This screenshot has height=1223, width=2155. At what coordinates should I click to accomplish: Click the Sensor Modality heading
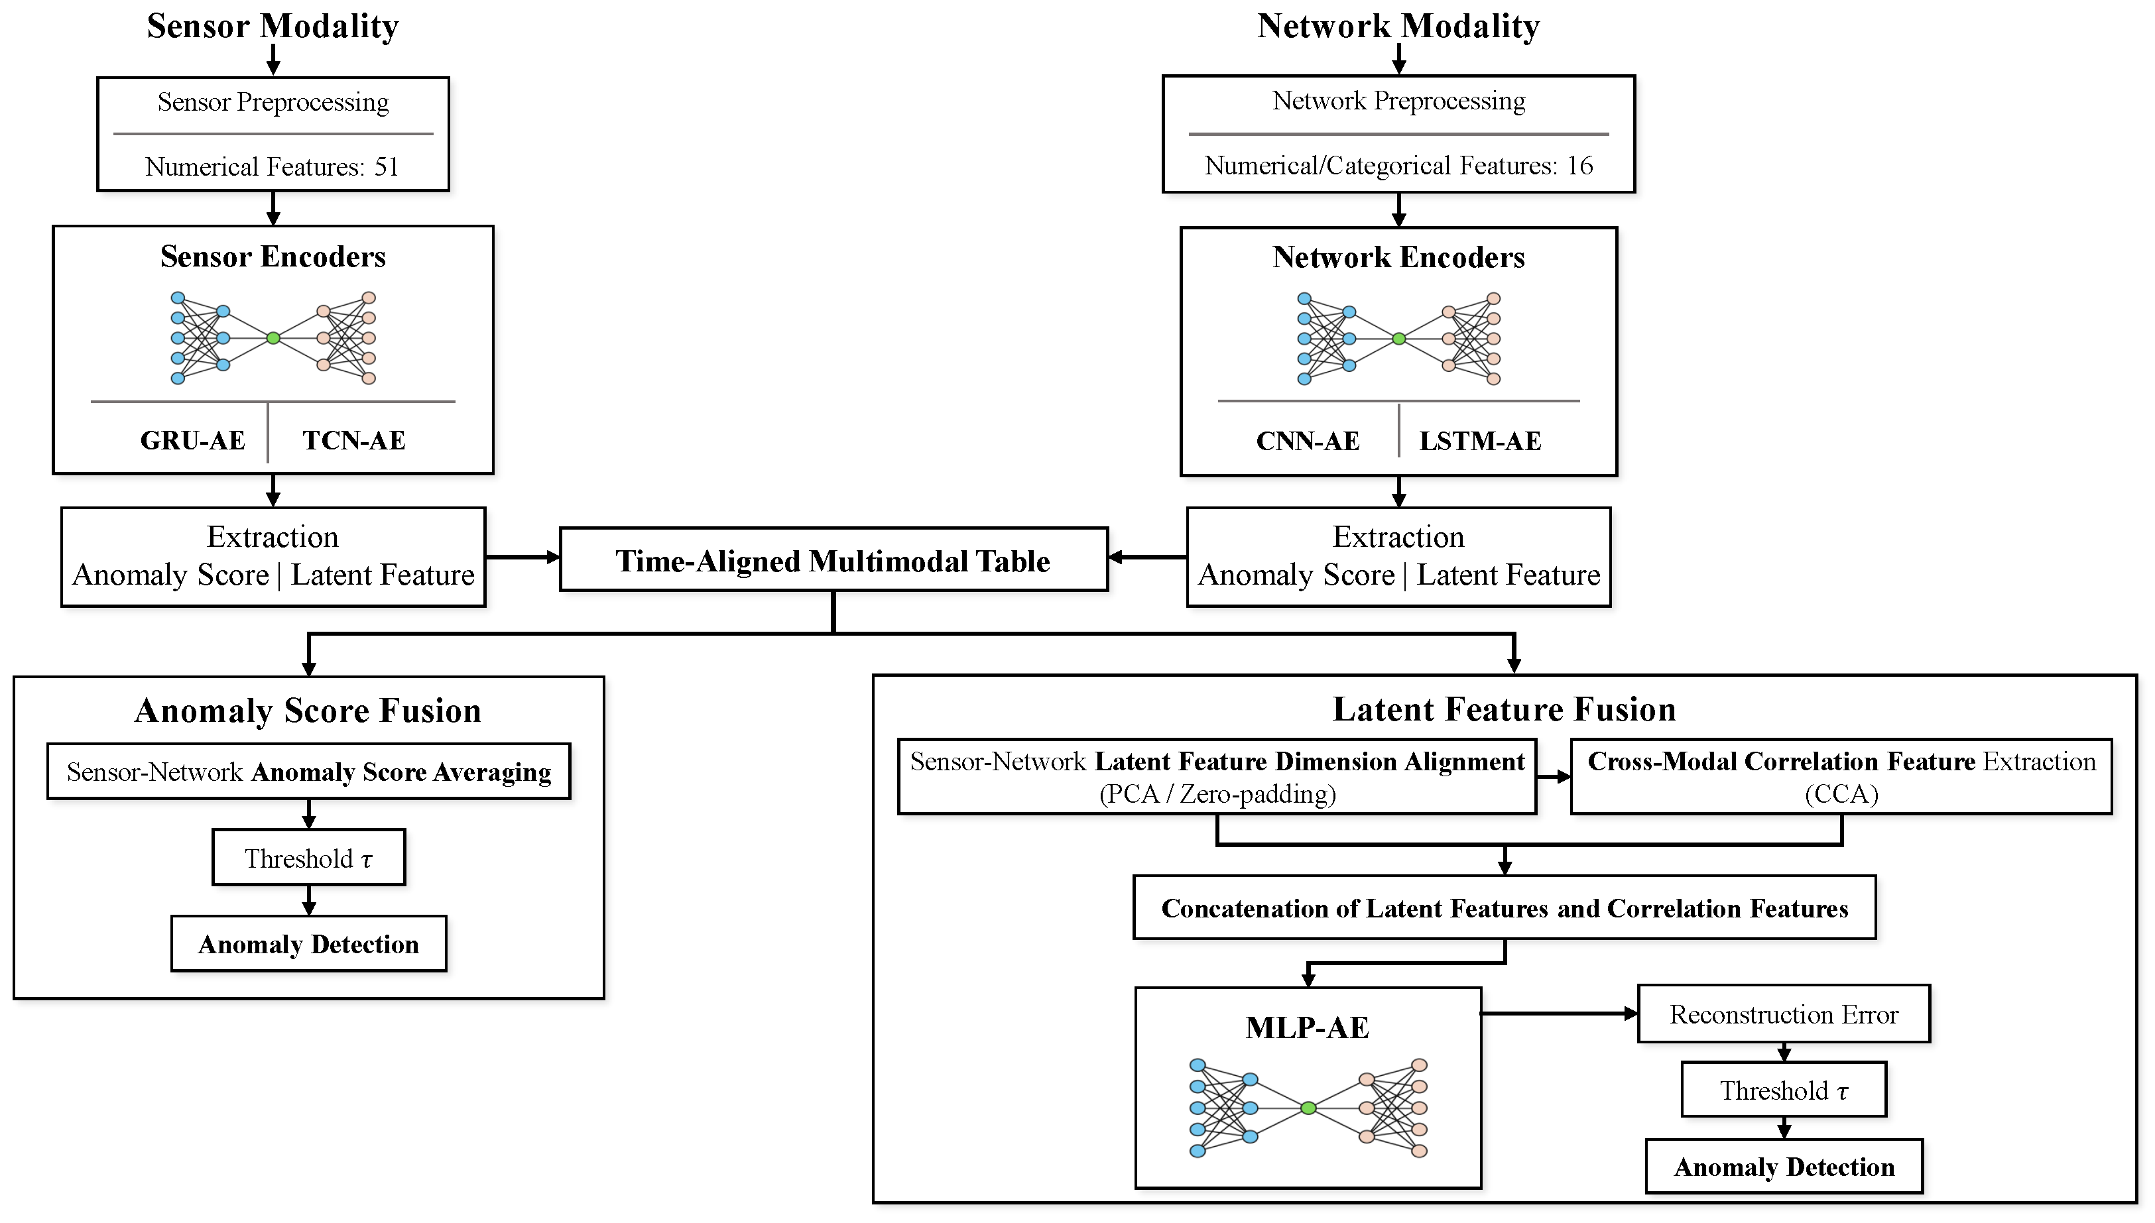(273, 26)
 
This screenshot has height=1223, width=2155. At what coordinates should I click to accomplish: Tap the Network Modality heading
(1398, 26)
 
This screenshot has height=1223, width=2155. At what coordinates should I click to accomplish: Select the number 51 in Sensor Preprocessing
(387, 166)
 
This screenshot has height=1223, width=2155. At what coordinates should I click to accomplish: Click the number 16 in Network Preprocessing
(1579, 166)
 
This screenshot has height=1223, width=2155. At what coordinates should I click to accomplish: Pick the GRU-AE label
(192, 440)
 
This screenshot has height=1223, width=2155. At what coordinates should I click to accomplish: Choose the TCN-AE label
(353, 440)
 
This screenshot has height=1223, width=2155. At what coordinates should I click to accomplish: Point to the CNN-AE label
(1308, 441)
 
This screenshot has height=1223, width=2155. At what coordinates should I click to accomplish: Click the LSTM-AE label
(1481, 441)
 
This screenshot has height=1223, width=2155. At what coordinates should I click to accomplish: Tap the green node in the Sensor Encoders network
(273, 337)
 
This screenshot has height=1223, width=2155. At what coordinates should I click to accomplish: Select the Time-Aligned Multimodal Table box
(833, 559)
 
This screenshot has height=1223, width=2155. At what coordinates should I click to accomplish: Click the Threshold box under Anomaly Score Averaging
(308, 858)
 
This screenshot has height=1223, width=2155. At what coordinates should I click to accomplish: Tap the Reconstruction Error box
(1784, 1014)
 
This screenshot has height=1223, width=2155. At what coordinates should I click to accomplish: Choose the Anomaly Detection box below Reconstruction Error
(1784, 1167)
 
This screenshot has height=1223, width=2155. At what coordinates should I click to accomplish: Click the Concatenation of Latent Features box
(1505, 907)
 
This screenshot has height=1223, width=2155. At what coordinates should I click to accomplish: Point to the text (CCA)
(1841, 793)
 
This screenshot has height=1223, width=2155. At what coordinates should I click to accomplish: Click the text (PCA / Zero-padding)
(1217, 793)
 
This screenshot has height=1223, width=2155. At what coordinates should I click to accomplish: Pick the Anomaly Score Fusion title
(308, 711)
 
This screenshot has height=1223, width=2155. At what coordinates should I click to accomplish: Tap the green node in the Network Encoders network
(1399, 339)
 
